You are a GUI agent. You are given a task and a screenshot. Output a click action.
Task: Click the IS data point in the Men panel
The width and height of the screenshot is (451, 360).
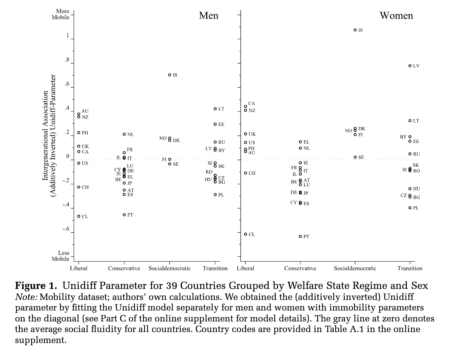[170, 75]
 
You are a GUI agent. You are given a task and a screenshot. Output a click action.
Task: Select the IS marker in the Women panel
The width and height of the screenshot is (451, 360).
[355, 29]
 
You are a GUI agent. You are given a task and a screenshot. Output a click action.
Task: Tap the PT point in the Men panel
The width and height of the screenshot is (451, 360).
[124, 215]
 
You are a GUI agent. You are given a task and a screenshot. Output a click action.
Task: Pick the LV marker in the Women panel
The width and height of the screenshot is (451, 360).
[410, 66]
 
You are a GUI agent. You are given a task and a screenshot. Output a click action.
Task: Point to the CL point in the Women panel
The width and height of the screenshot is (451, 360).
[245, 234]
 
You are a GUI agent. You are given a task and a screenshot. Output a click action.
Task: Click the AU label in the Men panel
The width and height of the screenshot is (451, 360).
[85, 111]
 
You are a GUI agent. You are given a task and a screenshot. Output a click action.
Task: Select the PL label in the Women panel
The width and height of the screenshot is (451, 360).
[416, 208]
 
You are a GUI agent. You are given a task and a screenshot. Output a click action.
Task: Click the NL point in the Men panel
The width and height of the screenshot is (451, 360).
[124, 134]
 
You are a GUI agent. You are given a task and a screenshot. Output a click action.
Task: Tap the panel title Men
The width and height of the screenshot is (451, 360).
[208, 16]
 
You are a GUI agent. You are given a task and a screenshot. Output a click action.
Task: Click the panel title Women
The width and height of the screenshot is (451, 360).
[396, 16]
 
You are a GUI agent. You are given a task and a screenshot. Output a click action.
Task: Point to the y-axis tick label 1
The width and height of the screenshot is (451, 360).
[68, 36]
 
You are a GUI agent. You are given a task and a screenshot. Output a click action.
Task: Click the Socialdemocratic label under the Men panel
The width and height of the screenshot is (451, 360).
[170, 268]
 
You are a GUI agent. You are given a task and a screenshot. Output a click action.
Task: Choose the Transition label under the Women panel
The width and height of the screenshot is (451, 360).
[410, 268]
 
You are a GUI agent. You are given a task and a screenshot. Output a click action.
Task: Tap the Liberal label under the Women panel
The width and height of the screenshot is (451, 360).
[245, 268]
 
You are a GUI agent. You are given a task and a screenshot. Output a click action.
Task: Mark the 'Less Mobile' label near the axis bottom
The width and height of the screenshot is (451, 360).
[61, 256]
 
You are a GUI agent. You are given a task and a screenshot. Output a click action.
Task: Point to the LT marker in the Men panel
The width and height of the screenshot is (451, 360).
[215, 109]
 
